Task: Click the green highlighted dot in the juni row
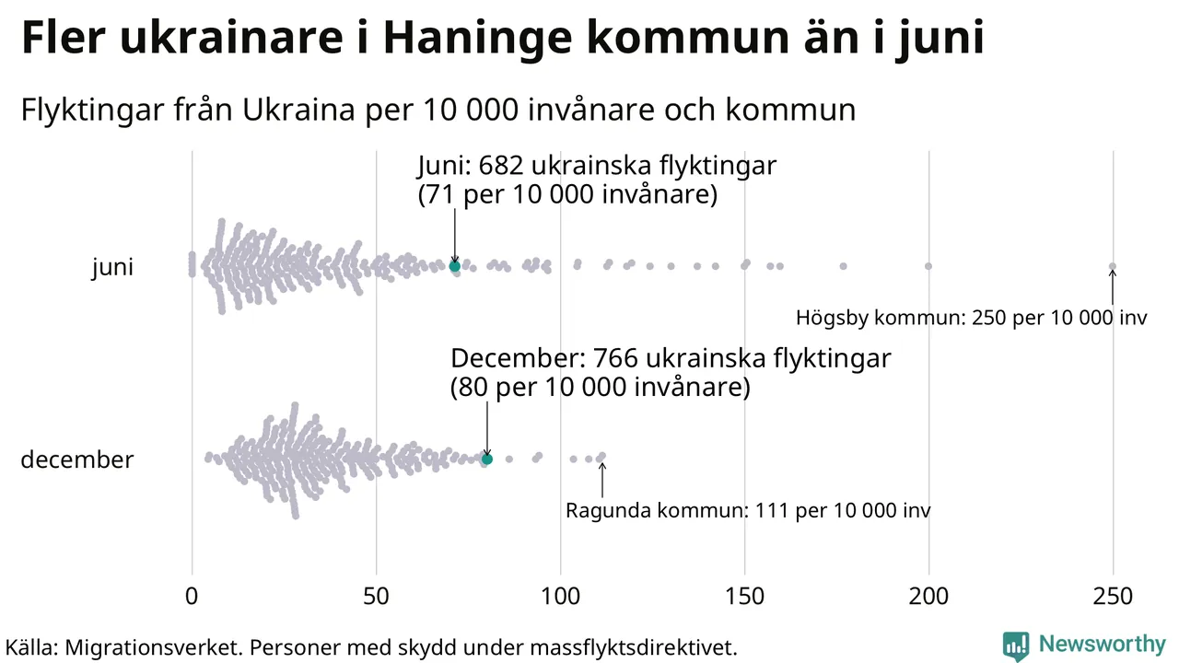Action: coord(454,266)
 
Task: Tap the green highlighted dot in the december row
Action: coord(487,459)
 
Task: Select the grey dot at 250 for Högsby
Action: coord(1113,266)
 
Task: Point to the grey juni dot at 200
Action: coord(928,266)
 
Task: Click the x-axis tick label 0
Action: coord(192,597)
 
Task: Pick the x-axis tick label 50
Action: coord(376,597)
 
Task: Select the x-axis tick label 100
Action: coord(560,597)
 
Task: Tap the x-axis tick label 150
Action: coord(744,597)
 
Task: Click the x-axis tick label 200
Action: coord(928,597)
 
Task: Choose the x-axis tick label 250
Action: coord(1113,597)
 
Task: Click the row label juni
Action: coord(112,268)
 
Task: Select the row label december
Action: coord(77,459)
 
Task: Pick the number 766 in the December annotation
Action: coord(621,358)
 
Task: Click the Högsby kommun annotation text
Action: coord(972,319)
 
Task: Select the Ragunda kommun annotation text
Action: coord(748,510)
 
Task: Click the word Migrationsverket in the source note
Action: coord(151,647)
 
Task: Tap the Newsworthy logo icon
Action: coord(1016,646)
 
